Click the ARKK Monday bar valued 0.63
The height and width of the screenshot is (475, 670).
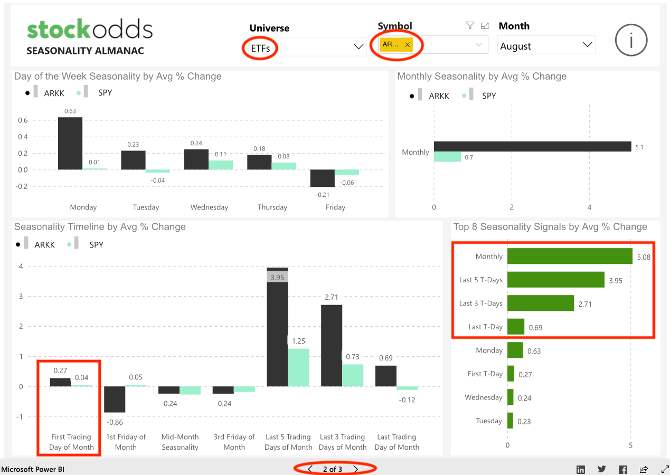click(70, 143)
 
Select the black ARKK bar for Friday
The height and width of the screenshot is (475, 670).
click(322, 178)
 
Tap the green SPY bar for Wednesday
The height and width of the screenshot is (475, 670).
click(221, 165)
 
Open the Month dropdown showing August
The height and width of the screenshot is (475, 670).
click(546, 45)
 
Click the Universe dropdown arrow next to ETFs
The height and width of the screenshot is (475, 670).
click(358, 47)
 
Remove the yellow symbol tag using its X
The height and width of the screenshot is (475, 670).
click(407, 45)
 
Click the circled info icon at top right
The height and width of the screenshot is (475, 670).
click(631, 40)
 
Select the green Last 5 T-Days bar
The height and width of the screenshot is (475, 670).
click(555, 280)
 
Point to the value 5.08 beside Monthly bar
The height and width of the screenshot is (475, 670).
click(644, 257)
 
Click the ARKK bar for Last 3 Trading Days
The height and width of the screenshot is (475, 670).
click(331, 346)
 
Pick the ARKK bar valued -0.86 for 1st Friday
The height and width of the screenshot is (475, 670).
click(115, 399)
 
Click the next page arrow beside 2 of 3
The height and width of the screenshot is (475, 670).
click(356, 469)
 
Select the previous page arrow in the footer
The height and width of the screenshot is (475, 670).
click(310, 469)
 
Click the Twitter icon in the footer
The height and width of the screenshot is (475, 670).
click(602, 469)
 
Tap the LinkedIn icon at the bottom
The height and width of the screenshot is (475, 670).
click(581, 469)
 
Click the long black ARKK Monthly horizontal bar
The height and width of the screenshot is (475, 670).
click(532, 146)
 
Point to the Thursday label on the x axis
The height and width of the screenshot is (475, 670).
click(272, 207)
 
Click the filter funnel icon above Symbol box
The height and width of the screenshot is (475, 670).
click(469, 25)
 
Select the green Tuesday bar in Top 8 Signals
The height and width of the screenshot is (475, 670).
click(510, 421)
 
